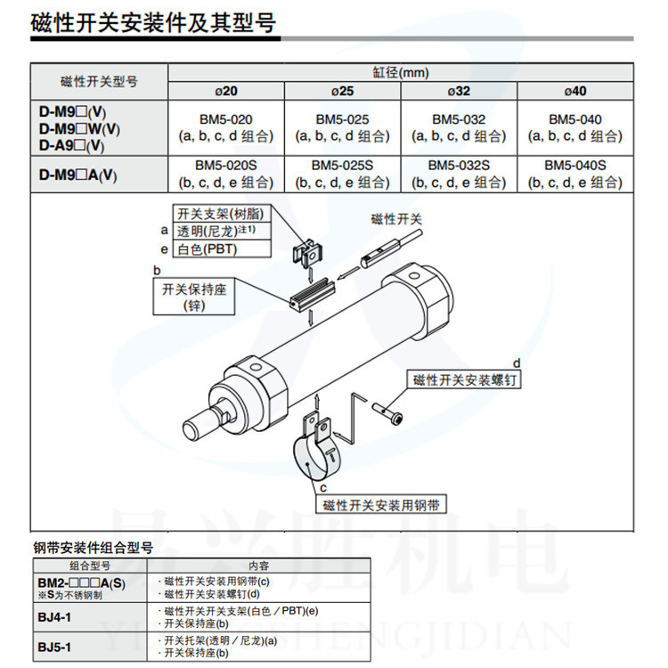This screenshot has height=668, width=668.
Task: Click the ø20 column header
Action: (226, 91)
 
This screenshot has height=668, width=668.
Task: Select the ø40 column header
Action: (575, 91)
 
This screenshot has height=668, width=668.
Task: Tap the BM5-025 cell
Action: (343, 127)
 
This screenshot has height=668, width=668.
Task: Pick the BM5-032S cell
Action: (459, 175)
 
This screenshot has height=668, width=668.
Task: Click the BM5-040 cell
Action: (575, 127)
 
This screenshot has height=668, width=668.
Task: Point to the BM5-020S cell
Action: (226, 175)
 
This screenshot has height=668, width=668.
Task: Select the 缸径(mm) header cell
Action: (401, 72)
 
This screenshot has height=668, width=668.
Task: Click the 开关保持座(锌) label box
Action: (194, 297)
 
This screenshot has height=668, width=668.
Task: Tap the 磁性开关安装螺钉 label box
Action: (464, 379)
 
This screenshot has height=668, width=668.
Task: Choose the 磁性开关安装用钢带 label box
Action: (381, 504)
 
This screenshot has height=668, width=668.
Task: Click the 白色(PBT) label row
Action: (222, 248)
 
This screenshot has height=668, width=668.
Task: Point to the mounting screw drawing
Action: (387, 412)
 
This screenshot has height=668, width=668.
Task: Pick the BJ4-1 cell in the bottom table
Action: (90, 617)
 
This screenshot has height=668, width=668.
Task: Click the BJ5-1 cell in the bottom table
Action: (90, 647)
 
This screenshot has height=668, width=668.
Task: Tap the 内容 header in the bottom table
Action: (258, 566)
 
